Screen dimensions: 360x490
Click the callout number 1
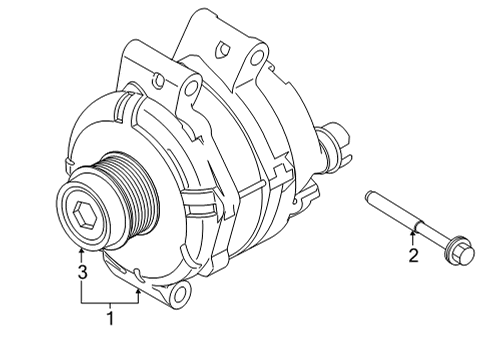pyautogui.click(x=110, y=319)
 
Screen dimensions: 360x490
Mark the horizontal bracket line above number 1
pyautogui.click(x=110, y=300)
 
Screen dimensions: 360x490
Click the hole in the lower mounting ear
pyautogui.click(x=181, y=293)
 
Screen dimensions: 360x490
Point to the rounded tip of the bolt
pyautogui.click(x=371, y=194)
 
